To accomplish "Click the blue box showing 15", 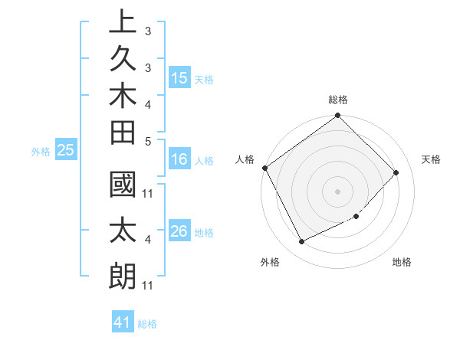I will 179,78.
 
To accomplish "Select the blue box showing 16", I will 179,160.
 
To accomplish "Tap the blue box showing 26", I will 179,231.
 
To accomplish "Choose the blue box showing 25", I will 66,151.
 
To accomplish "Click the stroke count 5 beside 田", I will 147,140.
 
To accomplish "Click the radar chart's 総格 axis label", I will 338,100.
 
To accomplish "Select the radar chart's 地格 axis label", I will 402,262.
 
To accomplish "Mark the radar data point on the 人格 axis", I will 264,168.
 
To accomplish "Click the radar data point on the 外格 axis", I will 301,242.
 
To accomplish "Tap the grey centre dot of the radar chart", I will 338,191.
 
